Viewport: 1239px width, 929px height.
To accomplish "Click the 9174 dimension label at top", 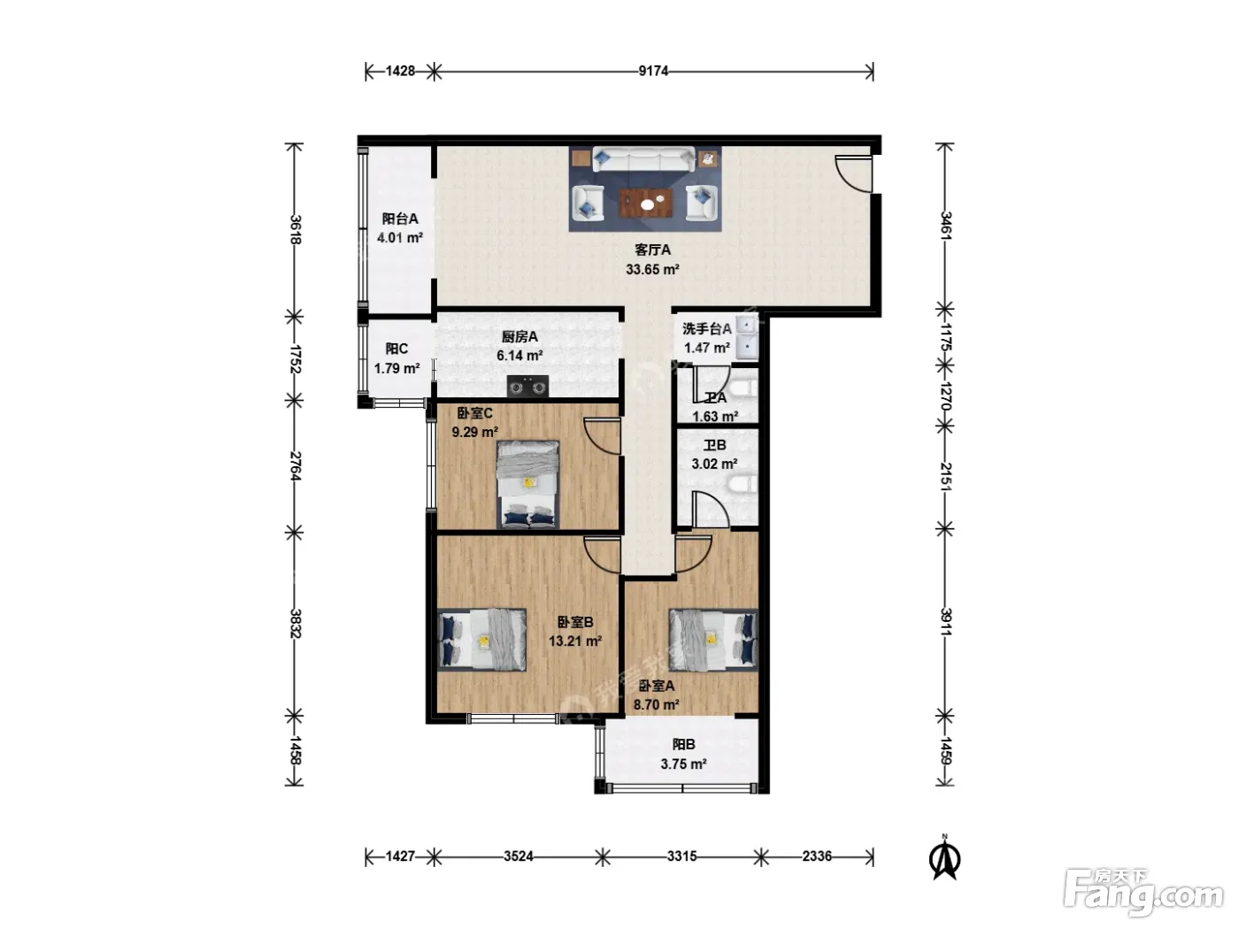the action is [653, 71].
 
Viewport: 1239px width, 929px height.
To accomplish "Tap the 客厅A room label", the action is [652, 250].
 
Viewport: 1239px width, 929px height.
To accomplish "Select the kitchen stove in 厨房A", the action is [527, 387].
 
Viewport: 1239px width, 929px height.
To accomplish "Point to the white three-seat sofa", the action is [643, 159].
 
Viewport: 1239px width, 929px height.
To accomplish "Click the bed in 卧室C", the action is [527, 485].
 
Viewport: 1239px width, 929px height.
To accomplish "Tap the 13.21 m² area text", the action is [575, 641].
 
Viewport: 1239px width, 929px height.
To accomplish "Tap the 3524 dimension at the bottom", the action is [519, 856].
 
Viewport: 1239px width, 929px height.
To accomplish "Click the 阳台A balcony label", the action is [400, 219].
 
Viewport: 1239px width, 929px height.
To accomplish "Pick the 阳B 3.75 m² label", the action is [683, 754].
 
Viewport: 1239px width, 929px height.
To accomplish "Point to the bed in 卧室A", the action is [713, 640].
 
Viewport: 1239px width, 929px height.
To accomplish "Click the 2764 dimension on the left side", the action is [295, 466].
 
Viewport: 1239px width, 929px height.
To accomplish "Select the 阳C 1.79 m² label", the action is [396, 358].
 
